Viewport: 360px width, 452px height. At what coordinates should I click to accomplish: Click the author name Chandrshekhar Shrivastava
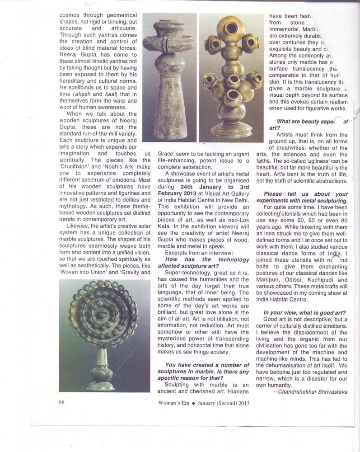(310, 392)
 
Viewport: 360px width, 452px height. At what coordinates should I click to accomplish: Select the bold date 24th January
(198, 187)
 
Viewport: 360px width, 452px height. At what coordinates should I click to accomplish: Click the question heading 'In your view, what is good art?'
(305, 313)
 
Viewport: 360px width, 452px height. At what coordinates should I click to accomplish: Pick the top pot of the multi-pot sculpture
(230, 28)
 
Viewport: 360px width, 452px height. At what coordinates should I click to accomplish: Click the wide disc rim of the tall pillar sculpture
(169, 44)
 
